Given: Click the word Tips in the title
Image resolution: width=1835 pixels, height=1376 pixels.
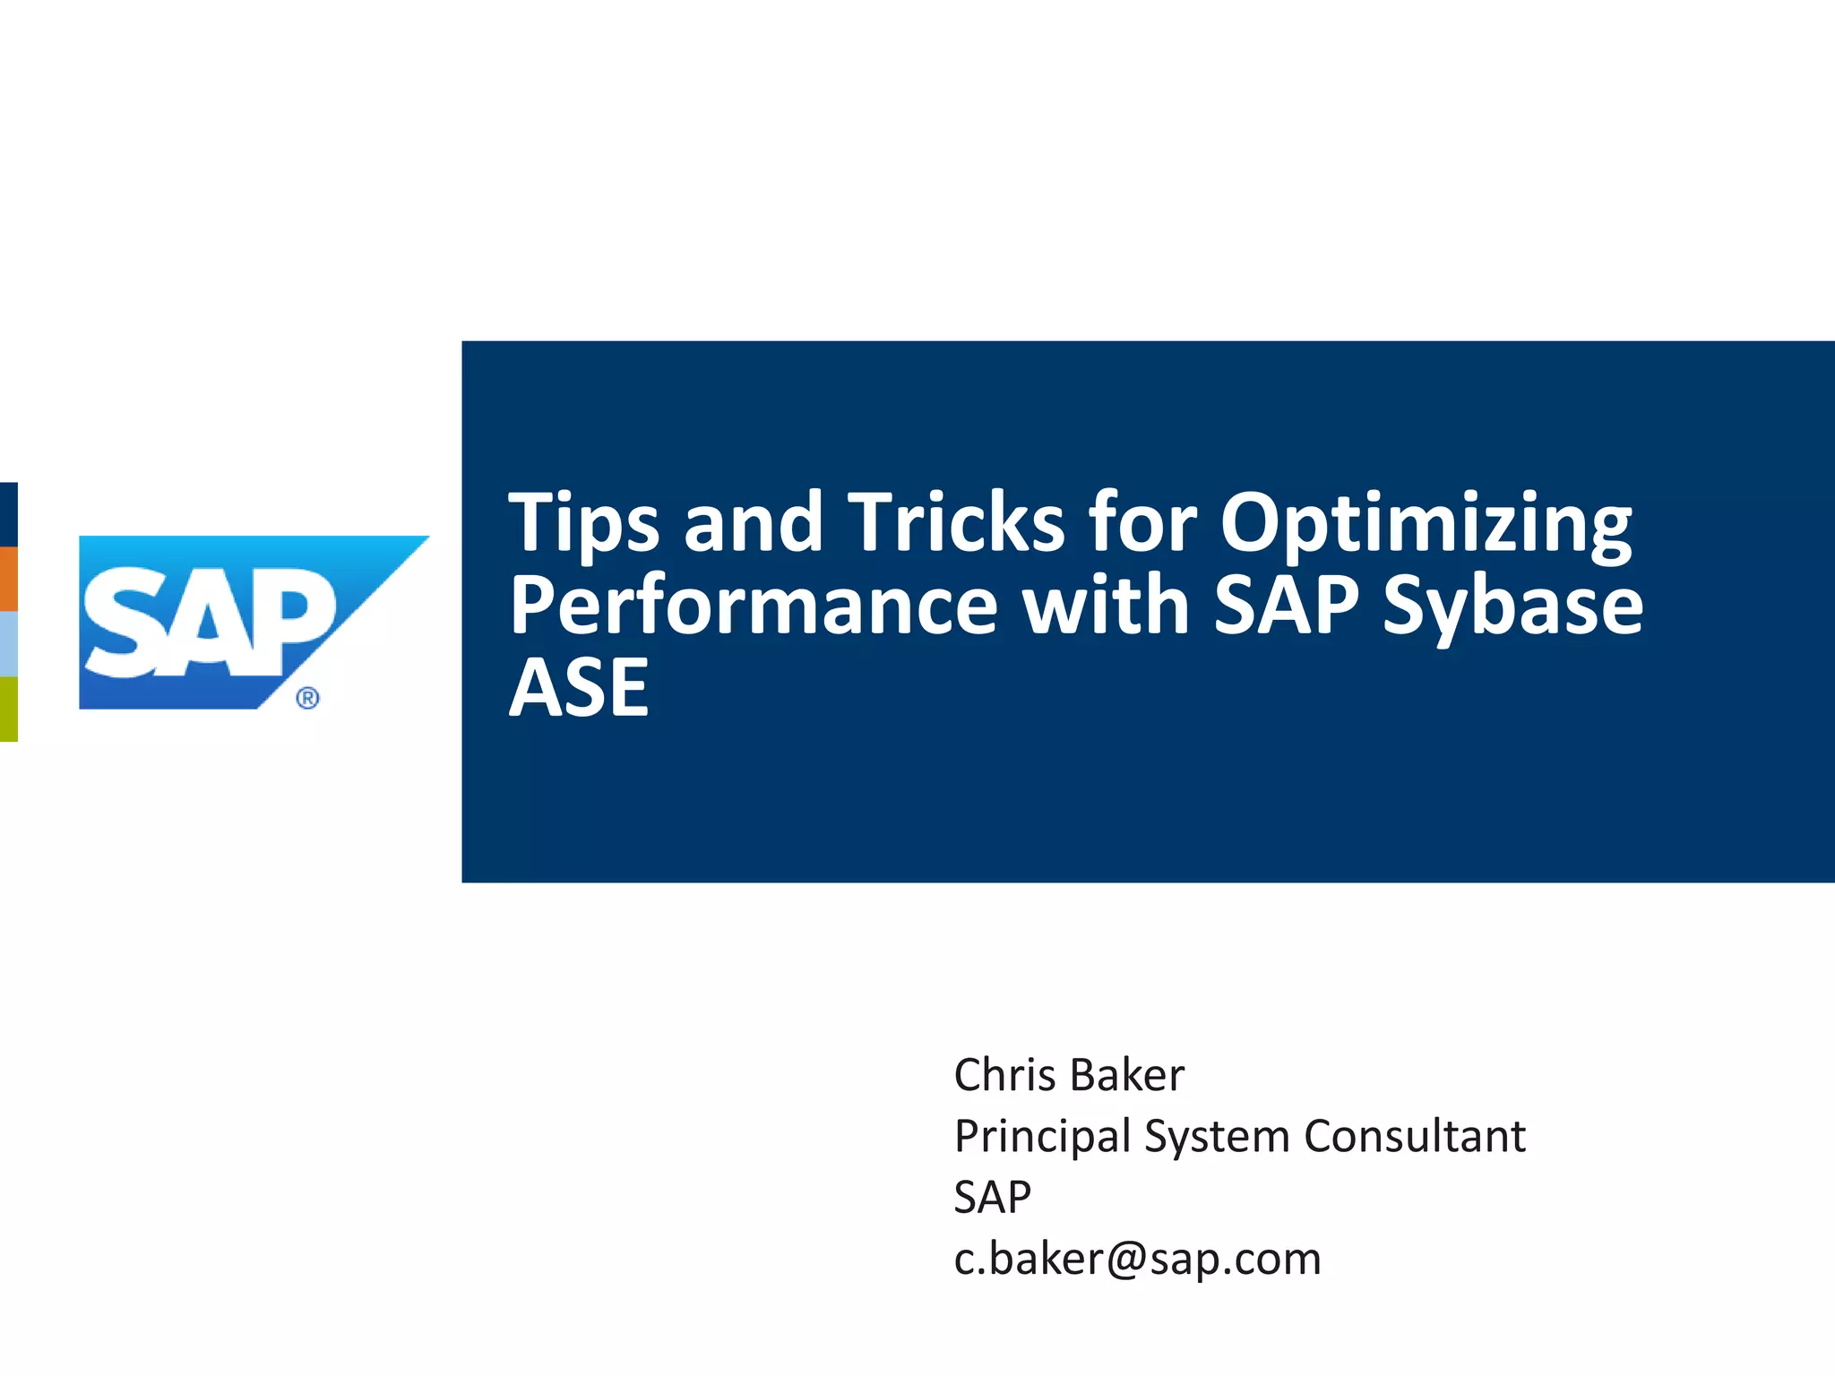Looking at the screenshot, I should [583, 522].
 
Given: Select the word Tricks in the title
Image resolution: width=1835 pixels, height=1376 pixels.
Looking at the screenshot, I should [956, 522].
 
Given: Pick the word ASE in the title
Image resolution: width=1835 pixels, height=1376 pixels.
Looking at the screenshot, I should [579, 688].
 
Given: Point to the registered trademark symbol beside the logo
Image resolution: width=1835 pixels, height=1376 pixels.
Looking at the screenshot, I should [307, 698].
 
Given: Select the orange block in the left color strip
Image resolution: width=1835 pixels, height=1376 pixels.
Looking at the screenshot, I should [8, 579].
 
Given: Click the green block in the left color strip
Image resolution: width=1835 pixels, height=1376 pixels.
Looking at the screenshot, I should [8, 709].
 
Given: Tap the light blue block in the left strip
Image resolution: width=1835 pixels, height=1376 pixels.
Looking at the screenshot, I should [8, 643].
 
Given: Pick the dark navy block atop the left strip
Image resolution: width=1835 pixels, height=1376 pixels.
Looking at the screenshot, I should [8, 514].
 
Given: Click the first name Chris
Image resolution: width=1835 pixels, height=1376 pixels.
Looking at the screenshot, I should [1004, 1075].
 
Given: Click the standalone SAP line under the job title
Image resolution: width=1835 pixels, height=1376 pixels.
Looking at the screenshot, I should [992, 1198].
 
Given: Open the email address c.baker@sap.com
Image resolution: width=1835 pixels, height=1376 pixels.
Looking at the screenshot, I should [1137, 1259].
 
